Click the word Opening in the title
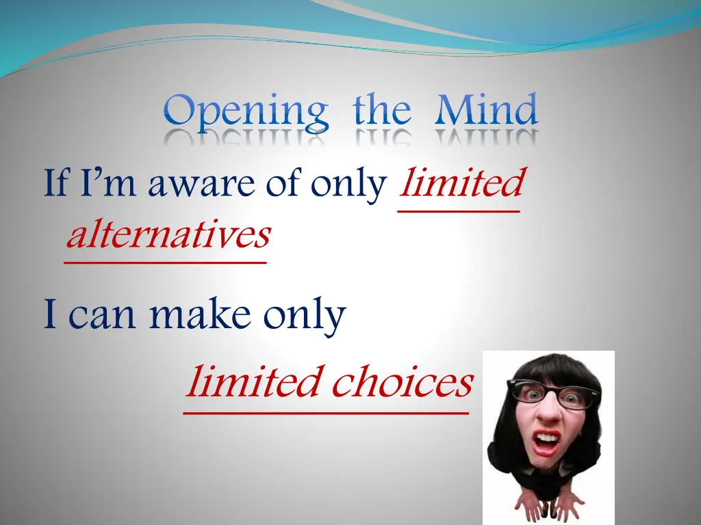click(246, 112)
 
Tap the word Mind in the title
click(486, 111)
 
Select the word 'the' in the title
click(382, 111)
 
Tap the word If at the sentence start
click(56, 185)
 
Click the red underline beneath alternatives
click(165, 260)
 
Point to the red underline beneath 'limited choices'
click(326, 412)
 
